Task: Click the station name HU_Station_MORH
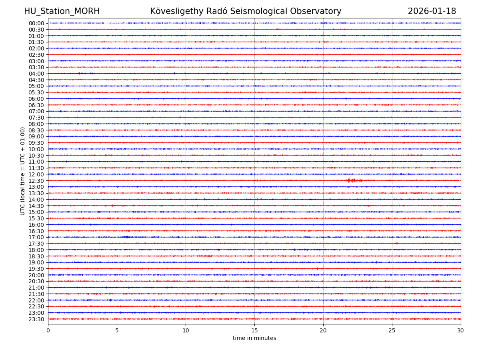[62, 11]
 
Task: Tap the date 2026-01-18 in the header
[432, 11]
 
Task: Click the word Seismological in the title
[267, 11]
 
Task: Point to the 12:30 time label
[36, 181]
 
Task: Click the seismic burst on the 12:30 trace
[354, 180]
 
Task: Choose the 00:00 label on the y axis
[36, 23]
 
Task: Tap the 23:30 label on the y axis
[36, 319]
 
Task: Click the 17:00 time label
[36, 237]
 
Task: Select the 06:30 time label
[36, 105]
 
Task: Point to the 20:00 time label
[36, 275]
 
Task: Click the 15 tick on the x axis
[254, 331]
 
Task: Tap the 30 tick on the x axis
[461, 331]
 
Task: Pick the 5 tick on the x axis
[117, 331]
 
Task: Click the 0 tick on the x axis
[48, 331]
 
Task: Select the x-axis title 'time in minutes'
[254, 338]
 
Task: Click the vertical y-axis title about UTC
[23, 171]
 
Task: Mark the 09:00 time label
[36, 136]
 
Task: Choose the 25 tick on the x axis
[392, 331]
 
